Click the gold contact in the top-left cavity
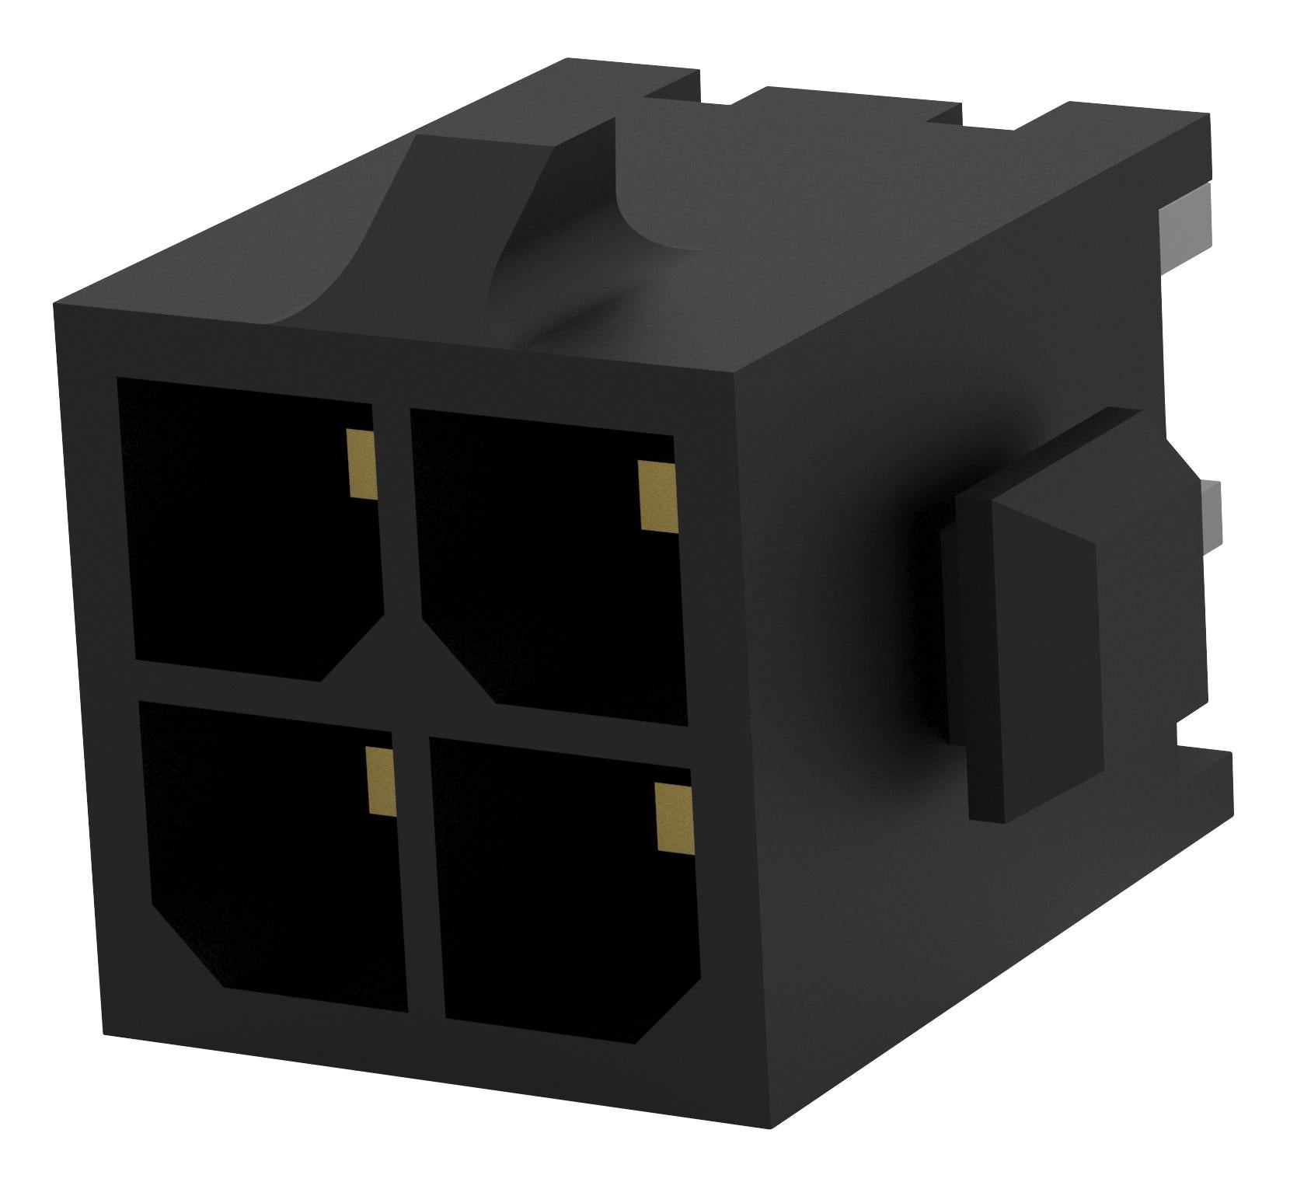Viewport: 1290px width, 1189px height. coord(362,464)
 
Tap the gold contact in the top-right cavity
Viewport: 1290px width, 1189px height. coord(657,496)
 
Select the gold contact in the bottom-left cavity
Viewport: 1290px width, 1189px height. coord(380,782)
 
